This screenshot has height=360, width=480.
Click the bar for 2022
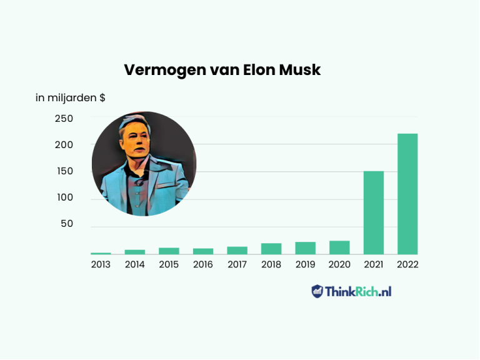[x=407, y=194]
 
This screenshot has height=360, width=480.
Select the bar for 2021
[x=374, y=212]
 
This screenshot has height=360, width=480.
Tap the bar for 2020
[x=339, y=247]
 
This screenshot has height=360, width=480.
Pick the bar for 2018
[x=271, y=249]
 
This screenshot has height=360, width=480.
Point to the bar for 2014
[x=134, y=252]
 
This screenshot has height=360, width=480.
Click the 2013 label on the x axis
[x=101, y=264]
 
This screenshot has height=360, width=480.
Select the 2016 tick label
[x=202, y=264]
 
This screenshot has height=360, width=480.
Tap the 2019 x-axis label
[x=305, y=264]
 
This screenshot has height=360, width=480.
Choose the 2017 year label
[x=237, y=264]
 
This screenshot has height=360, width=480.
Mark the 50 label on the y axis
[x=67, y=224]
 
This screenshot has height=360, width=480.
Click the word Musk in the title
[x=299, y=69]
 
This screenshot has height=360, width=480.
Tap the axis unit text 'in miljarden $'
[x=70, y=97]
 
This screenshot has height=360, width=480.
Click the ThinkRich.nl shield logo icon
[x=317, y=291]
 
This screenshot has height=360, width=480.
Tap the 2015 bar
[x=169, y=251]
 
